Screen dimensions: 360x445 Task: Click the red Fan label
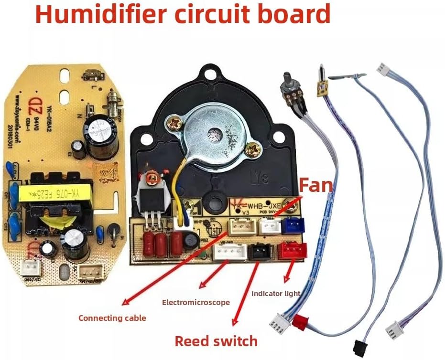(x=316, y=185)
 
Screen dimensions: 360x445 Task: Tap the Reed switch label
(x=216, y=341)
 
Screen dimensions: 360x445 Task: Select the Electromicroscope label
(x=196, y=302)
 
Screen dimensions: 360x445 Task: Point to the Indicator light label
(x=276, y=293)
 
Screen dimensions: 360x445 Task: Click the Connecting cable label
(x=112, y=318)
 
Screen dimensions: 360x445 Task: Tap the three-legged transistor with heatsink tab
(x=152, y=198)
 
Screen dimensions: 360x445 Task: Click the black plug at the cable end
(x=359, y=346)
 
